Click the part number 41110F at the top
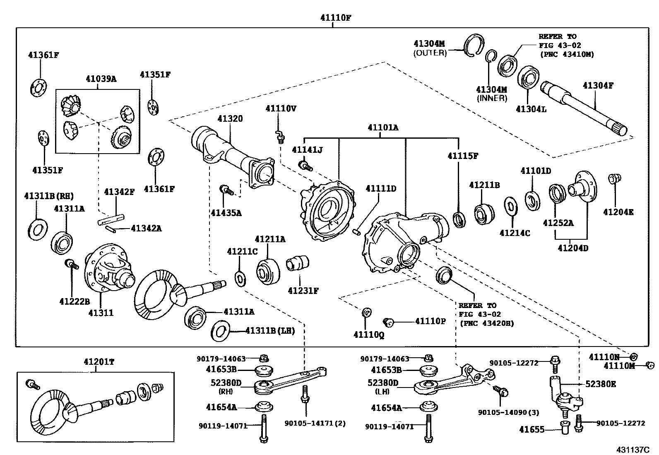(336, 18)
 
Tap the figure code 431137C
(633, 450)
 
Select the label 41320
(230, 118)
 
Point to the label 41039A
(101, 79)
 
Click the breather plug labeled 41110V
(280, 137)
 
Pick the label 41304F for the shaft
(598, 85)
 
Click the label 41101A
(383, 128)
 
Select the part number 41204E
(618, 212)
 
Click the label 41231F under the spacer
(303, 291)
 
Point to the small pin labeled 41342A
(111, 229)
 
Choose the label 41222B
(75, 301)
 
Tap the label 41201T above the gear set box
(99, 362)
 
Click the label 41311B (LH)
(270, 331)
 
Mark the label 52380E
(601, 384)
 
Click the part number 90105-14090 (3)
(508, 412)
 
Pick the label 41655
(532, 429)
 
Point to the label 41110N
(604, 357)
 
